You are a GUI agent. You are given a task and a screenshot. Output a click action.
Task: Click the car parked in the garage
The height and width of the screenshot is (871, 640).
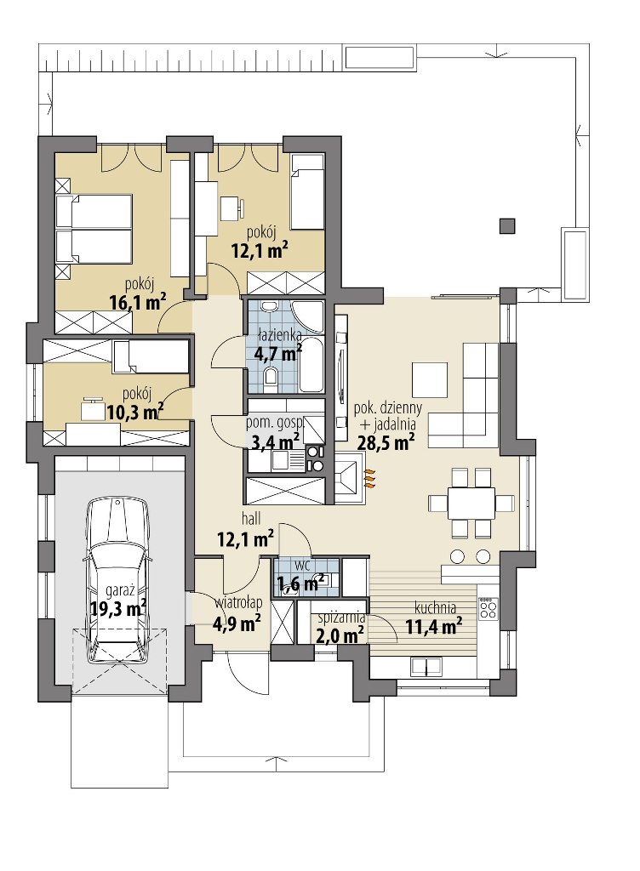[x=117, y=580]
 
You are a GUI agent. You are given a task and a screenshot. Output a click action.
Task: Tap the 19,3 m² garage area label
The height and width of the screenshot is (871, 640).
[x=117, y=607]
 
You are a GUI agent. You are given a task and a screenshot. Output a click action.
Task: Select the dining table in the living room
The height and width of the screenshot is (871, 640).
[x=471, y=503]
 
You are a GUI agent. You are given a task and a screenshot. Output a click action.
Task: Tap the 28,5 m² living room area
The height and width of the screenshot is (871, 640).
[x=385, y=442]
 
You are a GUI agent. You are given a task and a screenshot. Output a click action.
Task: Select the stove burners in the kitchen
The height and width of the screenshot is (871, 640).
[x=489, y=608]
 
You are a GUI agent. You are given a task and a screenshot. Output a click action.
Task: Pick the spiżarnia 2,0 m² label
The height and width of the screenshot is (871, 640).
[x=340, y=626]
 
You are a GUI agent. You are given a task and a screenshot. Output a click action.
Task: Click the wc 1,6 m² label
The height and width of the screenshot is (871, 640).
[x=300, y=576]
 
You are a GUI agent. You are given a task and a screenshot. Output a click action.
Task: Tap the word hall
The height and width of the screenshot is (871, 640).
[x=251, y=519]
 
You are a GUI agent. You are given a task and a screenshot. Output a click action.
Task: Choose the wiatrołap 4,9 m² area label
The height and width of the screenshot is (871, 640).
[x=237, y=615]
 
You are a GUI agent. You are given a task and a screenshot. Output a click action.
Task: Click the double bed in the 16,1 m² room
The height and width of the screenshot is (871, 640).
[x=94, y=228]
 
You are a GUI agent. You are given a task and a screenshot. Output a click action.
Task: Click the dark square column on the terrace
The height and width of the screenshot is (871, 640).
[x=506, y=225]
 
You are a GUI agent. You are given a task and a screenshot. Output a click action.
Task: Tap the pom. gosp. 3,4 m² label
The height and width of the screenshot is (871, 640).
[x=274, y=434]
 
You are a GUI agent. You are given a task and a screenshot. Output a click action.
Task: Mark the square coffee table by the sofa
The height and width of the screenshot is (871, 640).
[x=430, y=380]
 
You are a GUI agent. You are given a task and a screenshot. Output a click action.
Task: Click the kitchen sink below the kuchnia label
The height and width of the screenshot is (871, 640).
[x=426, y=665]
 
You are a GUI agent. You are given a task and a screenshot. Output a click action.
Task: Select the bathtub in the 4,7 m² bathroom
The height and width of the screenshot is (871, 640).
[x=311, y=364]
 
